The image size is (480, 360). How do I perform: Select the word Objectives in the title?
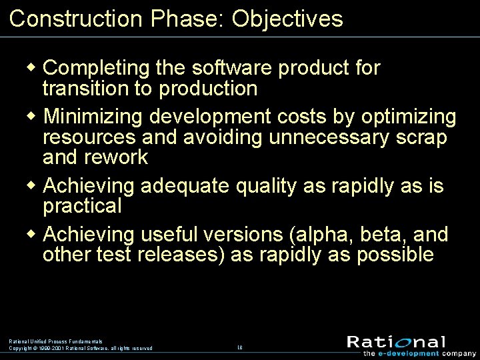(x=287, y=19)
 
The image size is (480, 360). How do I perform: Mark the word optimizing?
(x=409, y=117)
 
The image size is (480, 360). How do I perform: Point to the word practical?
(x=82, y=206)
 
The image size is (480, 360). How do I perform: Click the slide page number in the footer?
(x=240, y=347)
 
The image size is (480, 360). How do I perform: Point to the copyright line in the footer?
(x=80, y=348)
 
